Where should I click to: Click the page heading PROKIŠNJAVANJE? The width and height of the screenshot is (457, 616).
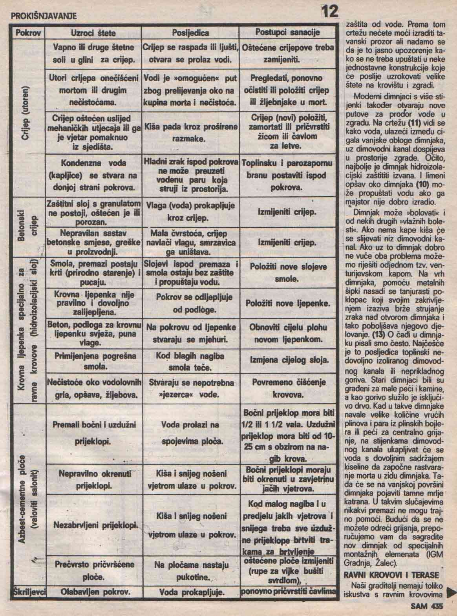point(43,16)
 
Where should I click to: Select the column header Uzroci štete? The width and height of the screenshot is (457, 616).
point(93,33)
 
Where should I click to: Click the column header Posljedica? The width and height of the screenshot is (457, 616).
point(190,33)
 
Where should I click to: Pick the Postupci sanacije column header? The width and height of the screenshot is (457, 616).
point(287,32)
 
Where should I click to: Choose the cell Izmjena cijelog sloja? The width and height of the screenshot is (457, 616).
point(288,360)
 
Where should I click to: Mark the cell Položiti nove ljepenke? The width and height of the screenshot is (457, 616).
point(287,303)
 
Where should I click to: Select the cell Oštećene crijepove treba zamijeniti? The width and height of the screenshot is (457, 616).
point(288,54)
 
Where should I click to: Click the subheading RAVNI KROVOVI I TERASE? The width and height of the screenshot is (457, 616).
point(391,575)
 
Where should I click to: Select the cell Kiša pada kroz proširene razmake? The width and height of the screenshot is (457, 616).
point(191,133)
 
